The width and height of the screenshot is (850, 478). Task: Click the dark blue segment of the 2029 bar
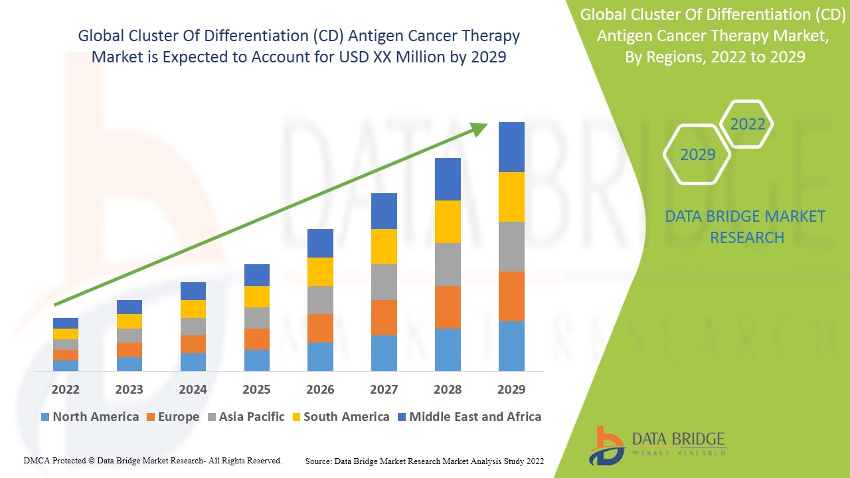pyautogui.click(x=511, y=147)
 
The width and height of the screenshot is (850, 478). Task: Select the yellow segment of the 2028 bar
pyautogui.click(x=448, y=221)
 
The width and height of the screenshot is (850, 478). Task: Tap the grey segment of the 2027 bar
pyautogui.click(x=384, y=281)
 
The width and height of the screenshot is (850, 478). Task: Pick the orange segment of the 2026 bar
pyautogui.click(x=320, y=328)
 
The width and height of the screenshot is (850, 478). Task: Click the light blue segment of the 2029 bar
pyautogui.click(x=511, y=346)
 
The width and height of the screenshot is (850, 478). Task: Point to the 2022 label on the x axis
pyautogui.click(x=65, y=389)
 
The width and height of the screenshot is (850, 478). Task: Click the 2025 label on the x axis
pyautogui.click(x=256, y=389)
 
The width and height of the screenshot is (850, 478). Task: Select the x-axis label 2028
pyautogui.click(x=448, y=389)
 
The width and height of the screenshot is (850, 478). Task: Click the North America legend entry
pyautogui.click(x=90, y=417)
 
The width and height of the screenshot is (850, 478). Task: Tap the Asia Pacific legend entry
pyautogui.click(x=246, y=417)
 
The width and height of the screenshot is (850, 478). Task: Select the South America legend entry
pyautogui.click(x=340, y=417)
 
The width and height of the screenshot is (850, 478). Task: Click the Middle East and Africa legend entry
pyautogui.click(x=469, y=417)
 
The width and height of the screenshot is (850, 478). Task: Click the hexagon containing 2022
pyautogui.click(x=747, y=124)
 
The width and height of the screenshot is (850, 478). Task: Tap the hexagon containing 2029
pyautogui.click(x=697, y=155)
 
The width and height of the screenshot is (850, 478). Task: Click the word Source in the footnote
pyautogui.click(x=318, y=461)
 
